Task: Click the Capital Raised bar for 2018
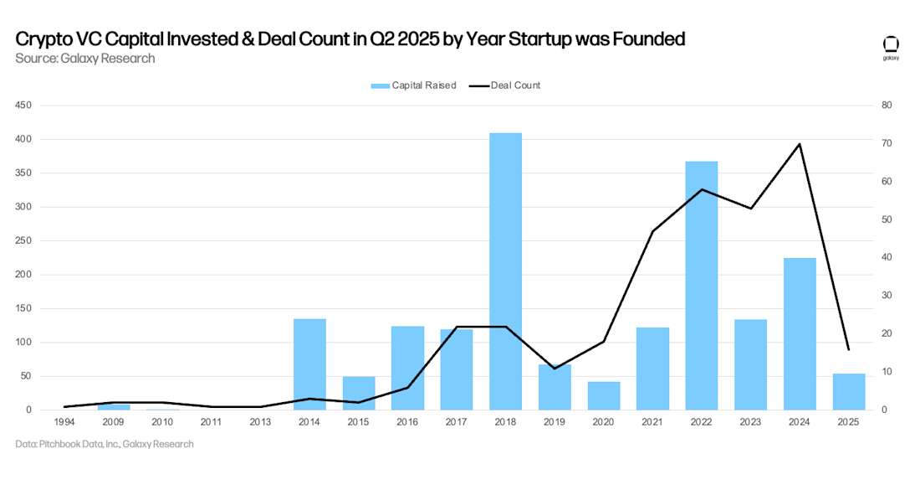[505, 271]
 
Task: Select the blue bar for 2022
[701, 285]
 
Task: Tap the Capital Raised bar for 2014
[309, 364]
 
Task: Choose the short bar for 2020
[603, 395]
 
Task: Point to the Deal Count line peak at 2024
[800, 144]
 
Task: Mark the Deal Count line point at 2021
[652, 231]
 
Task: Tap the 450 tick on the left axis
[23, 106]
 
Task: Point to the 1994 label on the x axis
[64, 423]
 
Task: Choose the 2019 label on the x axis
[555, 423]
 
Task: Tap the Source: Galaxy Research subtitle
[85, 59]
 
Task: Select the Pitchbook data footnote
[105, 444]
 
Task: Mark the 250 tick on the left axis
[23, 241]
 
